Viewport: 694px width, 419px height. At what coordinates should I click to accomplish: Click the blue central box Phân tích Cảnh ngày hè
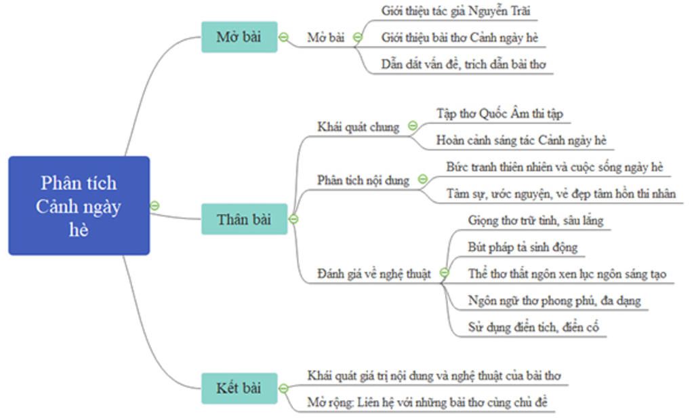coord(79,205)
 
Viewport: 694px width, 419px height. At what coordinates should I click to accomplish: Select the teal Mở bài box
coord(239,37)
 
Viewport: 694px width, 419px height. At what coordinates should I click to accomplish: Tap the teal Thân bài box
coord(243,219)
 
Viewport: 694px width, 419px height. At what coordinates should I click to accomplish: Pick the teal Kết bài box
coord(239,388)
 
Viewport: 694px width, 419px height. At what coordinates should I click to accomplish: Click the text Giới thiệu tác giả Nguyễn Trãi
coord(450,11)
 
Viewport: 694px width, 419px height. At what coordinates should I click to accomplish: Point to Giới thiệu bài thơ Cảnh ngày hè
coord(460,37)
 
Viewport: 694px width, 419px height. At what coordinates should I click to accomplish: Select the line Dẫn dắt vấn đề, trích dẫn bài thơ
coord(464,64)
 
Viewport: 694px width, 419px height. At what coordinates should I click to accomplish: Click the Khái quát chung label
coord(358,127)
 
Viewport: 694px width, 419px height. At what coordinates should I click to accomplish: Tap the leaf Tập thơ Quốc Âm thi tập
coord(499,113)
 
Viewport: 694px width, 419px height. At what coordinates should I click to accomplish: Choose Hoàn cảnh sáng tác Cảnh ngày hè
coord(521,140)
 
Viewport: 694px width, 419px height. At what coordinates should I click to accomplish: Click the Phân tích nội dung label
coord(363,180)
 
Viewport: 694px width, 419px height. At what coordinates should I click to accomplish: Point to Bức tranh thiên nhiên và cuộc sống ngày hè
coord(554,167)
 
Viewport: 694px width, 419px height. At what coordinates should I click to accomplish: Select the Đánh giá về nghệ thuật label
coord(374,274)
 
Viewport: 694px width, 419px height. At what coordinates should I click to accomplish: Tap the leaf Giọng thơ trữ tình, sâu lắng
coord(535,220)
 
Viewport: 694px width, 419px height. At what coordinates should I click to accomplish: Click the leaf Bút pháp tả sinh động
coord(523,247)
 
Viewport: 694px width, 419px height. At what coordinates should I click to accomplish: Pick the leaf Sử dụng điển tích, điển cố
coord(533,327)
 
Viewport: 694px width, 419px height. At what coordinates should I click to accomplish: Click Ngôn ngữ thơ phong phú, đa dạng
coord(554,300)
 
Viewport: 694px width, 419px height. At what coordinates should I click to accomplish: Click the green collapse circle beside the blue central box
coord(155,205)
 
